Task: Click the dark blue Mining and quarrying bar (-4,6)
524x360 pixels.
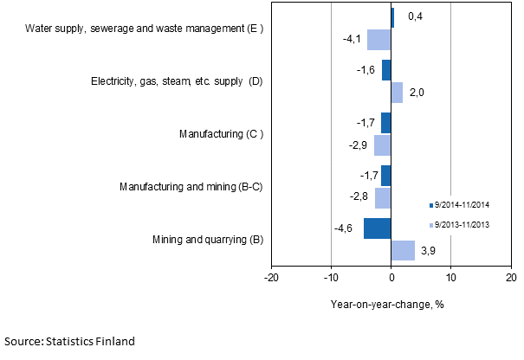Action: click(378, 228)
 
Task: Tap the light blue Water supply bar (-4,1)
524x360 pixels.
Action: click(379, 40)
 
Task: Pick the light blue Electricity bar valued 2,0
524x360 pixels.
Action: click(397, 93)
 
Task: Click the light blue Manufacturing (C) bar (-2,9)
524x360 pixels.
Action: click(383, 145)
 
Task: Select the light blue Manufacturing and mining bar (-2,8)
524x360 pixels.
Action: click(383, 198)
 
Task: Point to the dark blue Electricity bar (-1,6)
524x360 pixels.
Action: click(386, 70)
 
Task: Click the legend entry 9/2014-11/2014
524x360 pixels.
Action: click(465, 205)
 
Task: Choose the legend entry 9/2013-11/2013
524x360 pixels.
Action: click(465, 225)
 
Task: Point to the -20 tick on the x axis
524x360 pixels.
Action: click(271, 278)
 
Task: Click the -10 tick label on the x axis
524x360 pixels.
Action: click(331, 278)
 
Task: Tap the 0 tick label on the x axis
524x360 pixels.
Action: click(391, 278)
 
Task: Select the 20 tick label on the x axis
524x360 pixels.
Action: click(510, 278)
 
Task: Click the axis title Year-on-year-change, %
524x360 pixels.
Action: click(391, 304)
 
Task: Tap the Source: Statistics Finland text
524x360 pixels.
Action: click(69, 342)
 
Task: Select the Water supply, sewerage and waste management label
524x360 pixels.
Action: click(145, 29)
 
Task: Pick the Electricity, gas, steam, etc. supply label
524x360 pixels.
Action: click(177, 81)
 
